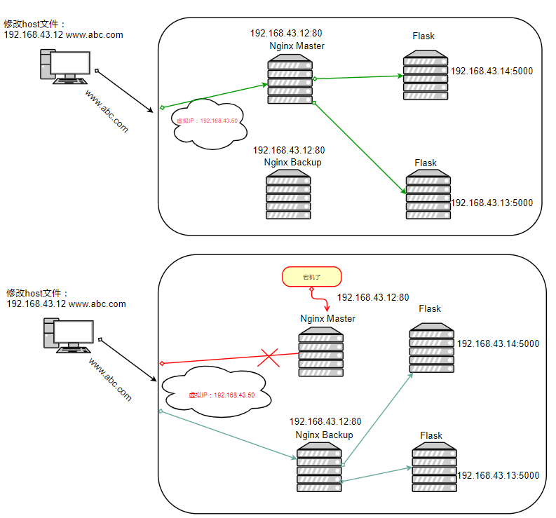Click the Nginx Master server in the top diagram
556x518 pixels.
pos(290,81)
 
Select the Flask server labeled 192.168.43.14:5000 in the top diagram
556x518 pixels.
pos(426,75)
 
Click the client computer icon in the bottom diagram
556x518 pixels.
pos(68,336)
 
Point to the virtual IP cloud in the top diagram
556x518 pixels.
pos(207,123)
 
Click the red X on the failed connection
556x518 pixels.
pos(269,357)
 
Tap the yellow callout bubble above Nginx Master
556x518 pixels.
pos(311,277)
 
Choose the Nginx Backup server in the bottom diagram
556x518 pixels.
pos(318,467)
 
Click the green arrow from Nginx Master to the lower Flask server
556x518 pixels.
pos(359,146)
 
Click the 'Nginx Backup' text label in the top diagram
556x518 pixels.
pos(292,163)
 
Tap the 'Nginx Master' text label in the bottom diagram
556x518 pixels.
pos(327,319)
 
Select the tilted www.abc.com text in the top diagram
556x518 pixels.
pos(106,111)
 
